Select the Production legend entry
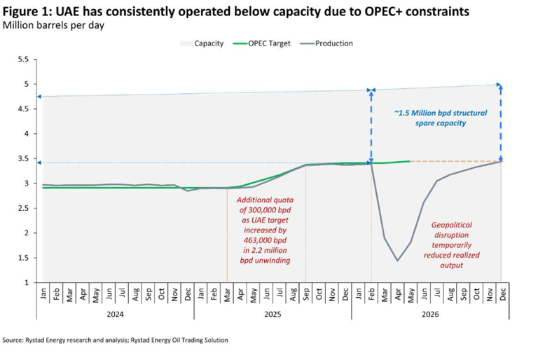click(333, 43)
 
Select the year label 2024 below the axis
click(116, 314)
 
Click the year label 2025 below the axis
click(273, 314)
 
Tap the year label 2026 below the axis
click(429, 314)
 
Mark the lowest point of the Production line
click(397, 261)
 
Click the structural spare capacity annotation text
click(439, 118)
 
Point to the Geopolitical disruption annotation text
click(456, 245)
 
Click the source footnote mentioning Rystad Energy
click(116, 340)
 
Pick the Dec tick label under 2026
click(502, 293)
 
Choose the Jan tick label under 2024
click(43, 293)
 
